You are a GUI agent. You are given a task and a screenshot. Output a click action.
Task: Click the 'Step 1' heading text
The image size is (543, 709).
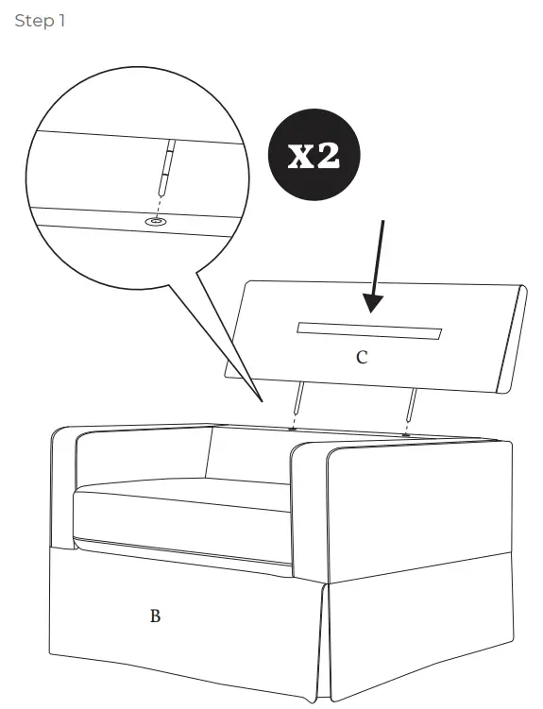[40, 20]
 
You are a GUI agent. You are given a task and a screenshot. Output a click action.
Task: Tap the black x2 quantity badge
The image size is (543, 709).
[314, 156]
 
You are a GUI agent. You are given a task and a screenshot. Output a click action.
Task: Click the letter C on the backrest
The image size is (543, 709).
[362, 358]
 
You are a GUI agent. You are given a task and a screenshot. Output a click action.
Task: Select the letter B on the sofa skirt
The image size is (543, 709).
[155, 616]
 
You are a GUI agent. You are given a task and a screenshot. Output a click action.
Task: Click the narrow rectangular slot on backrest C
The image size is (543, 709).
[368, 330]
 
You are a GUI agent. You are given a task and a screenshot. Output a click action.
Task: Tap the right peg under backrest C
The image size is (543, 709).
[411, 403]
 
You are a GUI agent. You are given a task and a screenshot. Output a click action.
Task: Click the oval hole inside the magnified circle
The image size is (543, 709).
[156, 221]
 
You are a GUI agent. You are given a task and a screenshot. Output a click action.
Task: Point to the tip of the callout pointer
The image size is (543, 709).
[262, 398]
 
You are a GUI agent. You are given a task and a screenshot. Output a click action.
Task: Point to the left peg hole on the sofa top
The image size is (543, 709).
[293, 430]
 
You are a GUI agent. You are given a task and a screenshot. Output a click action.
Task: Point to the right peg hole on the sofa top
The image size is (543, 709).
[405, 434]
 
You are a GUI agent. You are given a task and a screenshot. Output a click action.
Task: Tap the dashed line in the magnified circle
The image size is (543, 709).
[161, 201]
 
